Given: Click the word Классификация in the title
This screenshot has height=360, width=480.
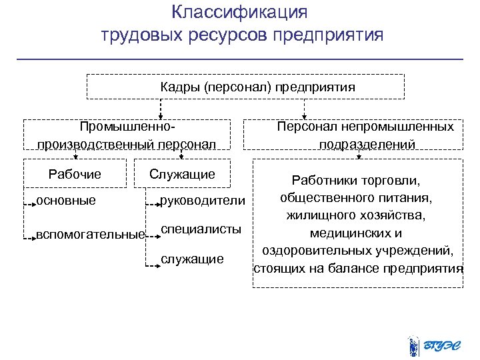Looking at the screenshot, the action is click(239, 13).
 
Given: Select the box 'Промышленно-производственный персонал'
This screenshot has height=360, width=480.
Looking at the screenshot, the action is click(127, 135).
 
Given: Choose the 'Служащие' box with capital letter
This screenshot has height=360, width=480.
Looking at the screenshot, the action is click(182, 175).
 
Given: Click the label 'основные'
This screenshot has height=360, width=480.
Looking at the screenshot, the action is click(66, 200).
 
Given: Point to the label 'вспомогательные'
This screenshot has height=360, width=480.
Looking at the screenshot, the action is click(89, 234).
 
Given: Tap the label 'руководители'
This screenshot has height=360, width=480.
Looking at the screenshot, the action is click(203, 201).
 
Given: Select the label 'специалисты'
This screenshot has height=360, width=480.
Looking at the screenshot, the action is click(201, 229).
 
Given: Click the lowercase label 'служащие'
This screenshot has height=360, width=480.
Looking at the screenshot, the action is click(193, 259).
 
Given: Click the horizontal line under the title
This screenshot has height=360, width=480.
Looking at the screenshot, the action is click(239, 59).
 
